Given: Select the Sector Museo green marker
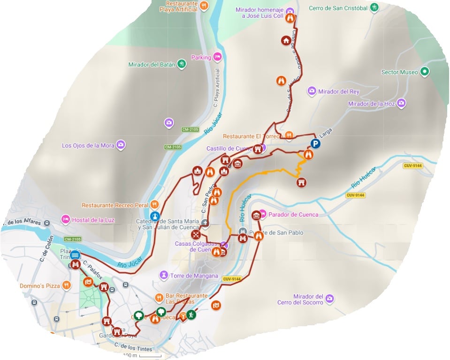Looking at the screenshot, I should click(425, 72).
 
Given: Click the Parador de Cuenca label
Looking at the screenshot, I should click(293, 215).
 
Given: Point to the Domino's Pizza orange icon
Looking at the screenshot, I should click(67, 285).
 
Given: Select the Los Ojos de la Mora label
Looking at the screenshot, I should click(88, 145).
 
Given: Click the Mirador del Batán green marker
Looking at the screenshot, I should click(182, 64).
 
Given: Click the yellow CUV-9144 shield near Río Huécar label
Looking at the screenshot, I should click(355, 195).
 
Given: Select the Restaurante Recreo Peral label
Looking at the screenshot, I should click(114, 205).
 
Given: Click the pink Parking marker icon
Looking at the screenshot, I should click(217, 57).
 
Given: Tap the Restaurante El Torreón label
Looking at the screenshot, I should click(254, 136).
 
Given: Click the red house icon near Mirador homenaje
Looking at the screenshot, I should click(285, 40).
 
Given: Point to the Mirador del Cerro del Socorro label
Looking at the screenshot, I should click(307, 300).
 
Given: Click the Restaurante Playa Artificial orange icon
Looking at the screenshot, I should click(204, 6).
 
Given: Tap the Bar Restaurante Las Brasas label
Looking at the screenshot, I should click(187, 299).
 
